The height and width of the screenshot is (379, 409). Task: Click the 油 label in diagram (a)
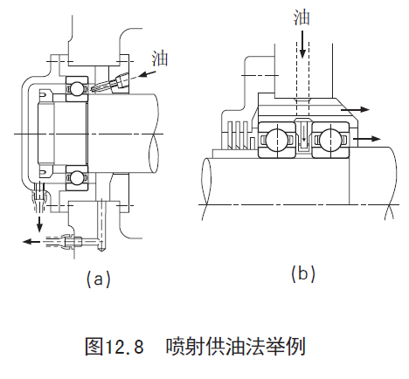pyautogui.click(x=160, y=59)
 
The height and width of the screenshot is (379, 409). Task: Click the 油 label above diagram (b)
pyautogui.click(x=302, y=17)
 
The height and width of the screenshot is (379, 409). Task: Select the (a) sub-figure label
pyautogui.click(x=99, y=279)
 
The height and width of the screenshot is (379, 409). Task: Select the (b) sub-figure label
pyautogui.click(x=303, y=273)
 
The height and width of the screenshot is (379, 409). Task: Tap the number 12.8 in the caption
pyautogui.click(x=124, y=347)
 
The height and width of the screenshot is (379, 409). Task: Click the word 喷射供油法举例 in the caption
pyautogui.click(x=236, y=347)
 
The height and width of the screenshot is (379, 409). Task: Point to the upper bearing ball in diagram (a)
pyautogui.click(x=77, y=88)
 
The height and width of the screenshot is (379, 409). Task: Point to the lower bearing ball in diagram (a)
pyautogui.click(x=77, y=178)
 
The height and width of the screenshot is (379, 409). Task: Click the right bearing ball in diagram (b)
pyautogui.click(x=329, y=140)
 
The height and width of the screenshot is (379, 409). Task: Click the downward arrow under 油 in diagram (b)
pyautogui.click(x=302, y=45)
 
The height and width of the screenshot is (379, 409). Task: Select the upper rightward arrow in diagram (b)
pyautogui.click(x=355, y=109)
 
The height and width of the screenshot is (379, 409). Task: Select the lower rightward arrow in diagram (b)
pyautogui.click(x=367, y=139)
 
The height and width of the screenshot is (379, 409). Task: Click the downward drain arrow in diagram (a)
pyautogui.click(x=39, y=224)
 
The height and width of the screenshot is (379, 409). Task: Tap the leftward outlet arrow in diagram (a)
pyautogui.click(x=31, y=241)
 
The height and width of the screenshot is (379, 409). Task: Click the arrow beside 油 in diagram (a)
pyautogui.click(x=147, y=73)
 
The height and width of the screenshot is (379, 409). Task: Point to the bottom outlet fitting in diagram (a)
pyautogui.click(x=67, y=241)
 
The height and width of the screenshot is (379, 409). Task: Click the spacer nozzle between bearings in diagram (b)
pyautogui.click(x=303, y=136)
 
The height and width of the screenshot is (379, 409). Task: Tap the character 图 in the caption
pyautogui.click(x=94, y=347)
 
